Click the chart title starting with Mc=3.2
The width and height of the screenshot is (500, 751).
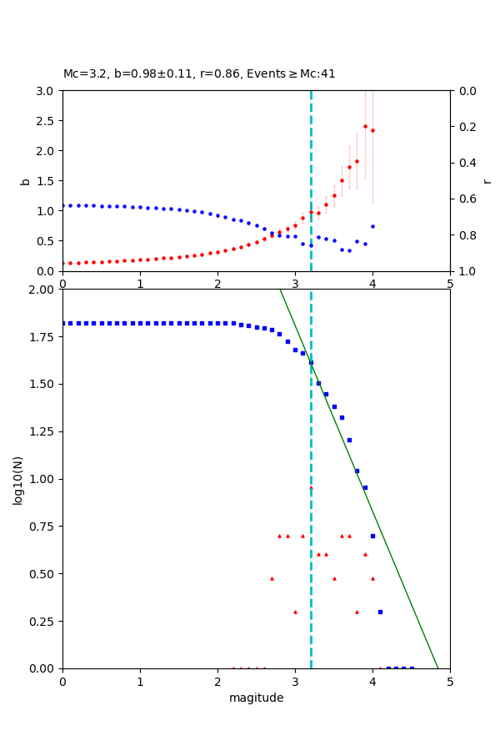tap(199, 73)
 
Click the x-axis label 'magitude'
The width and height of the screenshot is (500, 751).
tap(256, 698)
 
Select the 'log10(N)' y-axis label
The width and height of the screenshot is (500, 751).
tap(17, 479)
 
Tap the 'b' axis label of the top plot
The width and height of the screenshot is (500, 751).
tap(25, 181)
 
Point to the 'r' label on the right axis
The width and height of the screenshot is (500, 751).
tap(487, 181)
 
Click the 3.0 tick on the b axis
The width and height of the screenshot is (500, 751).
tap(47, 91)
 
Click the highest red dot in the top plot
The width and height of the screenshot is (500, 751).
tap(365, 127)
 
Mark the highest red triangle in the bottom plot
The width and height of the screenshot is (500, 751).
tap(311, 487)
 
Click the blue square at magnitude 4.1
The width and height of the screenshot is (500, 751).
tap(380, 612)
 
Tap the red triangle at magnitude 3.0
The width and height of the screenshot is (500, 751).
tap(295, 612)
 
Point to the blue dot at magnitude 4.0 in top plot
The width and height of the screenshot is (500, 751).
tap(372, 226)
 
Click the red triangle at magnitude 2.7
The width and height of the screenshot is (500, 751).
tap(272, 578)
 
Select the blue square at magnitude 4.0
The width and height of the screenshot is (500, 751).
tap(372, 536)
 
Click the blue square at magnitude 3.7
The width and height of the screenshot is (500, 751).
tap(349, 440)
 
